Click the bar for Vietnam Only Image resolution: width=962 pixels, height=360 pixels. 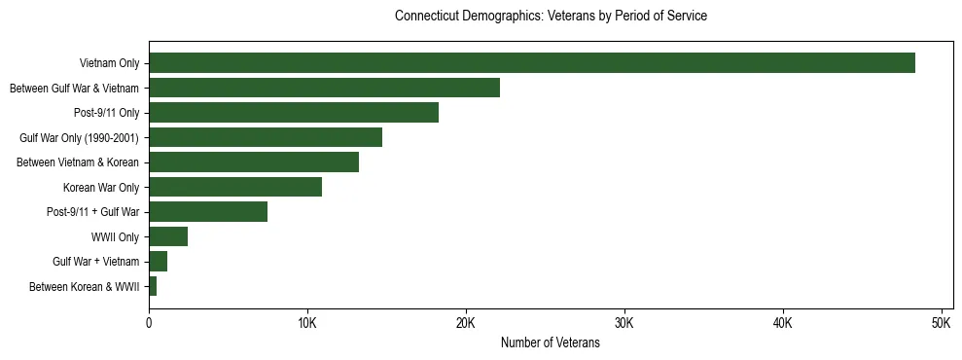(531, 63)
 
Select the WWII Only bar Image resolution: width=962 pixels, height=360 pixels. (167, 236)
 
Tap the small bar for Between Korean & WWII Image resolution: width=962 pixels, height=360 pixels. (153, 286)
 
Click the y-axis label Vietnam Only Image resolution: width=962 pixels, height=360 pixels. (109, 64)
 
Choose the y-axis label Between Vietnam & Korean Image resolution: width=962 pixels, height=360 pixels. (78, 162)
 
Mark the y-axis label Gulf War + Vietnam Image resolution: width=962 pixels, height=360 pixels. (95, 262)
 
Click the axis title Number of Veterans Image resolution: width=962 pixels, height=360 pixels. (550, 343)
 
